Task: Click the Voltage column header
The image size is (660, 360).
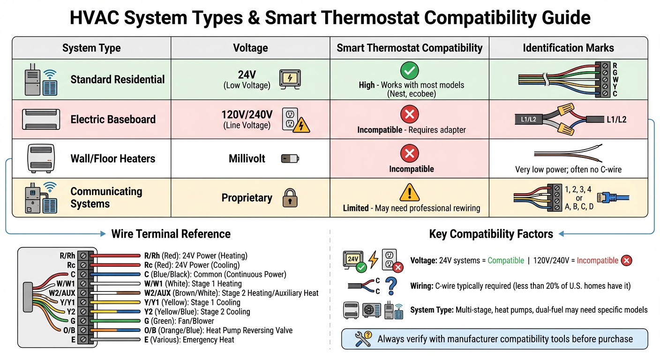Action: (x=250, y=48)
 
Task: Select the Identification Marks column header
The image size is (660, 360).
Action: (x=568, y=48)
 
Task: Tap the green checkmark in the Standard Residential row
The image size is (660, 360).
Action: (x=409, y=71)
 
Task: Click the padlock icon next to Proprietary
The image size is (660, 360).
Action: (x=290, y=198)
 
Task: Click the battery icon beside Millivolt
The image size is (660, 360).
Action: (x=290, y=159)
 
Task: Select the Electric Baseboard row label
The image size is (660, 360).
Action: (x=113, y=119)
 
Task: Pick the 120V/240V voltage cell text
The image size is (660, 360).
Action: (x=247, y=114)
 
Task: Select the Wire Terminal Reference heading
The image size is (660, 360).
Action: (x=171, y=234)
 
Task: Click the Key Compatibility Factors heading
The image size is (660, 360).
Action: (x=491, y=234)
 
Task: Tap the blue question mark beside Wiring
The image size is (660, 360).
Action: (x=391, y=285)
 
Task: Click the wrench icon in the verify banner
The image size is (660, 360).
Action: (x=363, y=339)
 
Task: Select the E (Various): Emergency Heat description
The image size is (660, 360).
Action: (x=189, y=340)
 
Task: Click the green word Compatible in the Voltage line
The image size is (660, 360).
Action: (x=506, y=261)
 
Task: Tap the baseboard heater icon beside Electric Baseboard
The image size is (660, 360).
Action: (x=41, y=119)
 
